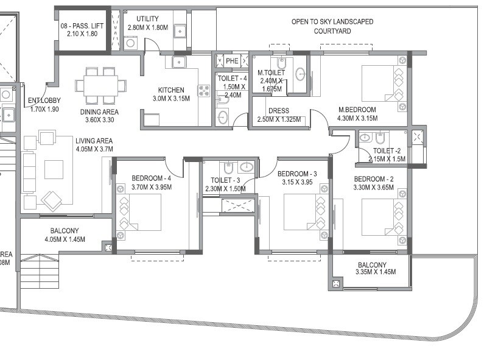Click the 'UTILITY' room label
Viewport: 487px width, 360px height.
pos(147,19)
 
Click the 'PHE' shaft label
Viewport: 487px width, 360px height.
pos(232,61)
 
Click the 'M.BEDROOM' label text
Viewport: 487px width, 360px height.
pos(357,110)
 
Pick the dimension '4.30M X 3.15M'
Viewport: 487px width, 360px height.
pos(357,118)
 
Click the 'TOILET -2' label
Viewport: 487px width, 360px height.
pos(387,151)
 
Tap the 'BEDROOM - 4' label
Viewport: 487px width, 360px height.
pos(152,178)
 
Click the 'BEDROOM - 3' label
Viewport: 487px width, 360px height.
pos(296,174)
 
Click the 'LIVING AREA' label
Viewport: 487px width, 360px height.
pos(60,140)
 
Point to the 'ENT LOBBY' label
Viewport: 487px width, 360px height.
pos(44,102)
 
